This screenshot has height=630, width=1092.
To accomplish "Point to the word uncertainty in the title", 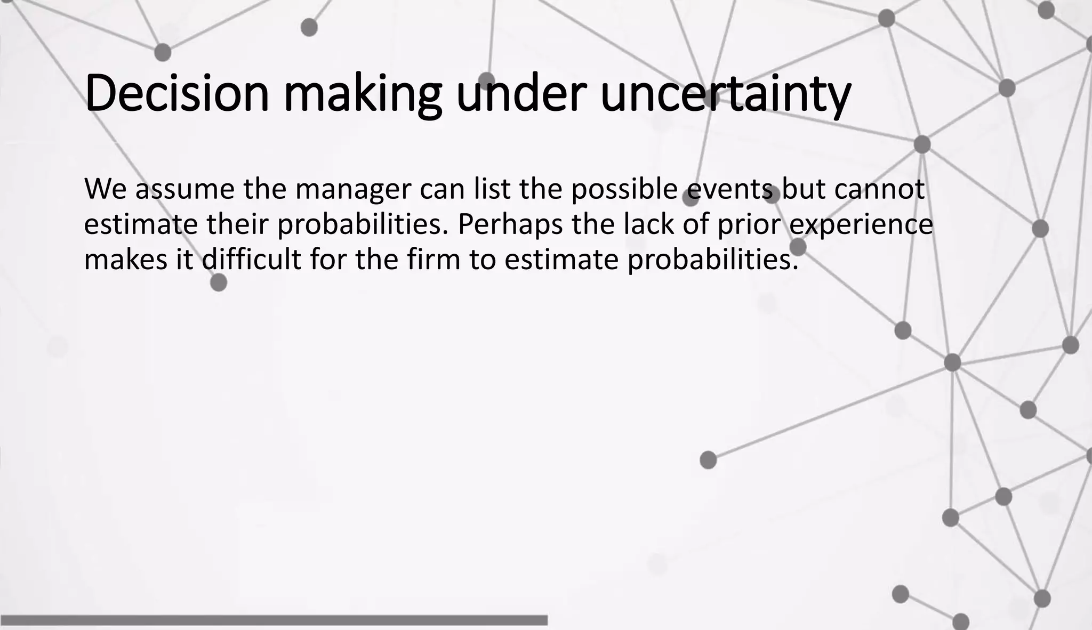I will pos(725,95).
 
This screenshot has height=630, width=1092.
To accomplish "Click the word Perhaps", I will pos(510,225).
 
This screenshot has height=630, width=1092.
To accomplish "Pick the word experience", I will pos(861,225).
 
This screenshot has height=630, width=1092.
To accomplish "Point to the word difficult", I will pos(251,260).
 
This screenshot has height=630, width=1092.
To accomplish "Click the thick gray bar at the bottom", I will pos(274,620).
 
